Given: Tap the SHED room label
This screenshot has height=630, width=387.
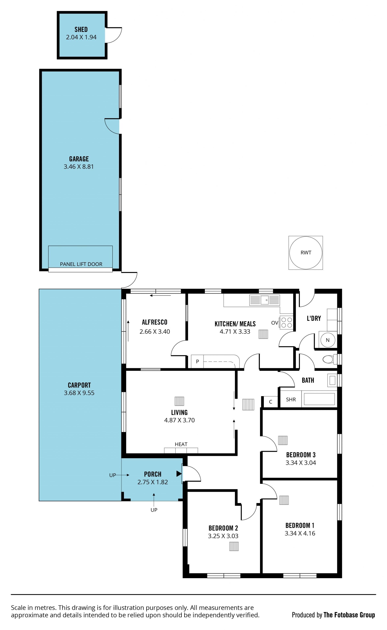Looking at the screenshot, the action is click(81, 29).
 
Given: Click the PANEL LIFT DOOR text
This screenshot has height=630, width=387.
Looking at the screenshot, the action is click(81, 264).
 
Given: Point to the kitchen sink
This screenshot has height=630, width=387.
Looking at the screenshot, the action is click(264, 300).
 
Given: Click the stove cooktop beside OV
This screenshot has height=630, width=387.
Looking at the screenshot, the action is click(286, 322).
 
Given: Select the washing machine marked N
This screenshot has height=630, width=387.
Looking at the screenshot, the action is click(328, 340).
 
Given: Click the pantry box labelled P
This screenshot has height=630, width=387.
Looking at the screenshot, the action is click(197, 361).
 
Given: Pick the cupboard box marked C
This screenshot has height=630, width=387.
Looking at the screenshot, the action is click(270, 402).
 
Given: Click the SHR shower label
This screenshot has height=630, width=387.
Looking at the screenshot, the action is click(291, 399).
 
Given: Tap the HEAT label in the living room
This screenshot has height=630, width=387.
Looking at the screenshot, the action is click(181, 444).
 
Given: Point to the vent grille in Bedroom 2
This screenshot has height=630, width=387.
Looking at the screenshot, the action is click(234, 546).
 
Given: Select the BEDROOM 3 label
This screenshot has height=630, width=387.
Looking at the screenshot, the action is click(301, 455).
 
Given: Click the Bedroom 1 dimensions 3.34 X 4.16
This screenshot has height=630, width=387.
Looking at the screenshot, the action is click(300, 533).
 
